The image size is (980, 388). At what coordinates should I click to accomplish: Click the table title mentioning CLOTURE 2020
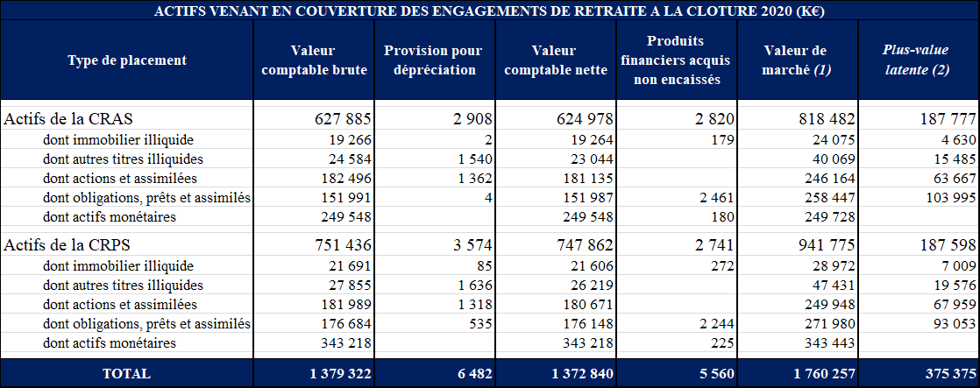click(489, 11)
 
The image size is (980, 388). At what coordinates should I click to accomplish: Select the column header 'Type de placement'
click(127, 60)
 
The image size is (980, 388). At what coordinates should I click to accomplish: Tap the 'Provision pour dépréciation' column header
click(433, 60)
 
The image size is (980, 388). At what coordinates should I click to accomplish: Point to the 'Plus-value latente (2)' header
click(916, 60)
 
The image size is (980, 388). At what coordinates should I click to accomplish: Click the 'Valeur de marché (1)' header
click(796, 60)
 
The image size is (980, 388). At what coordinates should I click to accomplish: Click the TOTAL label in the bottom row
click(126, 374)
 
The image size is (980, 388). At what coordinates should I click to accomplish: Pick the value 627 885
click(344, 119)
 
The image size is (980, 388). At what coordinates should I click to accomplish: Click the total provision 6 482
click(474, 374)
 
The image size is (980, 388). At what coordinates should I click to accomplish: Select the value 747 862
click(585, 245)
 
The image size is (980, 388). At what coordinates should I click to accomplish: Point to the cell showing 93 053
click(948, 324)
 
